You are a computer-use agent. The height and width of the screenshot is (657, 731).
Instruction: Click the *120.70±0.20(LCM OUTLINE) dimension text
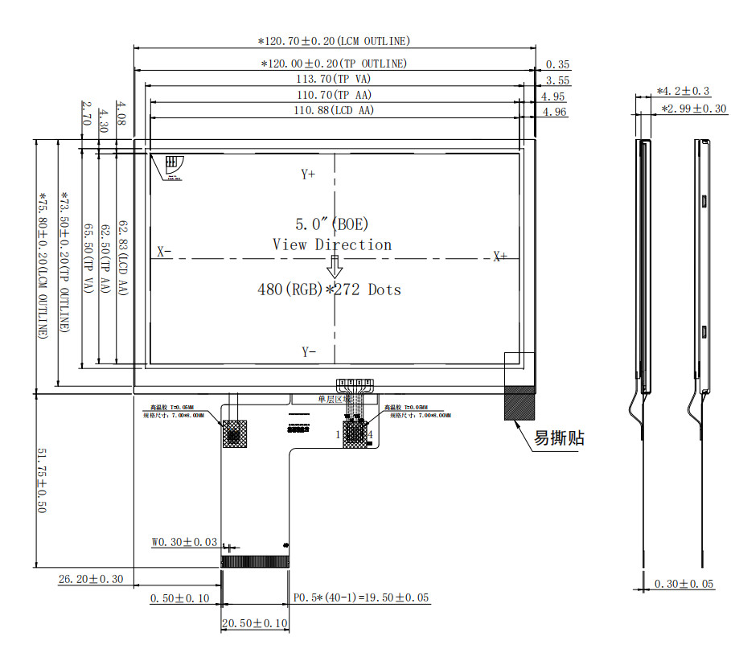(x=334, y=41)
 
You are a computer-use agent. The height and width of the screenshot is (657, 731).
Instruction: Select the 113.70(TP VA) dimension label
(x=333, y=79)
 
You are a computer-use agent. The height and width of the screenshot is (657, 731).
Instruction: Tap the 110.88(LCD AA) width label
(x=334, y=110)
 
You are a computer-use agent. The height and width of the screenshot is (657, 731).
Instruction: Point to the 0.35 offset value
(x=557, y=64)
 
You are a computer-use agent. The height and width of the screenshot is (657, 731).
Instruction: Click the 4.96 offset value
(x=554, y=112)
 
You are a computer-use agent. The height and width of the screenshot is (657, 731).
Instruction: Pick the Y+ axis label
(x=308, y=174)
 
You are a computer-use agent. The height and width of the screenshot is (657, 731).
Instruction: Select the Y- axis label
(x=308, y=351)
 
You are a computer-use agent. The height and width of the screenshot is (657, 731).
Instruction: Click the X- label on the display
(x=164, y=252)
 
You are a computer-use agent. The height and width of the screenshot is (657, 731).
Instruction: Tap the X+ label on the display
(x=500, y=257)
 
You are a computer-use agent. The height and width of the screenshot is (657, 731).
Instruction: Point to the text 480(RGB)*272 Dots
(x=329, y=289)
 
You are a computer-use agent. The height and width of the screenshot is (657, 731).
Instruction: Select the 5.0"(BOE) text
(x=332, y=224)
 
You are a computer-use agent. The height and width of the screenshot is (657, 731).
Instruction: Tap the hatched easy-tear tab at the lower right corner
(x=519, y=403)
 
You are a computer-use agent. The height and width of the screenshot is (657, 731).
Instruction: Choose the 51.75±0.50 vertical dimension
(x=42, y=481)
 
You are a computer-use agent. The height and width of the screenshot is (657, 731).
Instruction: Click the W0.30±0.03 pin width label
(x=184, y=542)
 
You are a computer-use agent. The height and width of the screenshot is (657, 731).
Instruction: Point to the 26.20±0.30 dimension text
(x=91, y=579)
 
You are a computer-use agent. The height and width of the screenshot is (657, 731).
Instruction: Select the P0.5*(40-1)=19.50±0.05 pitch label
(x=361, y=598)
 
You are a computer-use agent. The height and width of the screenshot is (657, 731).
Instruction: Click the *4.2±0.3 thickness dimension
(x=683, y=92)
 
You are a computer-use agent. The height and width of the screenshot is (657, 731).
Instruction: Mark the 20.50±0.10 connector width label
(x=255, y=623)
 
